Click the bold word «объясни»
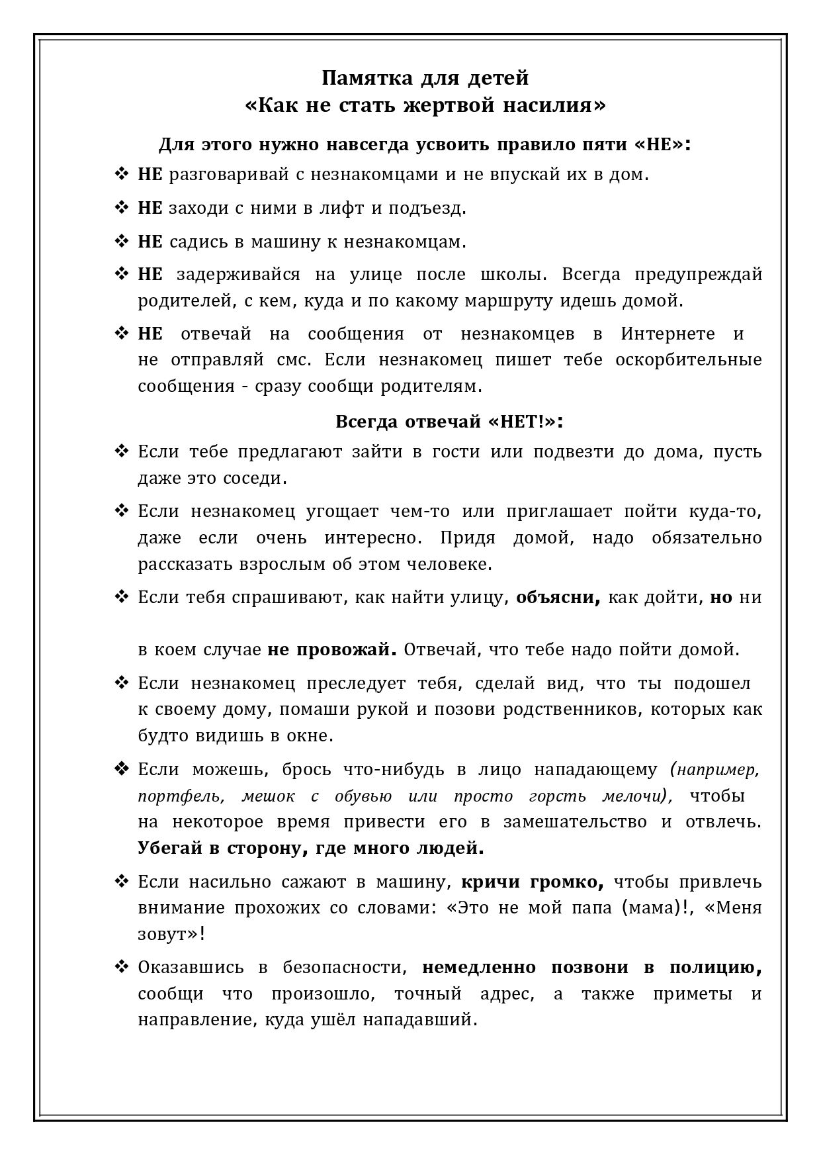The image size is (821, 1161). [x=558, y=598]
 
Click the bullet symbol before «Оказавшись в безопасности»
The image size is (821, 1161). [x=122, y=968]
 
